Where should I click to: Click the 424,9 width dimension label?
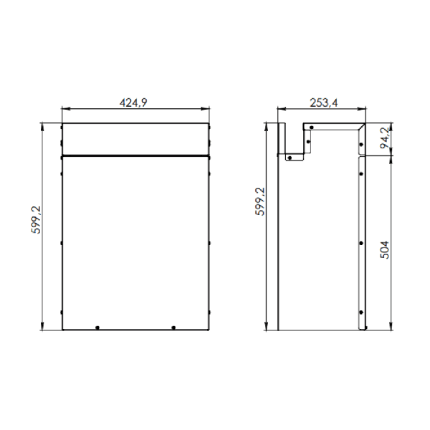click(x=133, y=102)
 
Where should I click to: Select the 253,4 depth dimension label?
click(x=324, y=102)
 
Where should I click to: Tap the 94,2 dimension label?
click(x=385, y=138)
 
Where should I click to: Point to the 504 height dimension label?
click(x=385, y=249)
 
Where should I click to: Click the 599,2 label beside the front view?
click(x=36, y=220)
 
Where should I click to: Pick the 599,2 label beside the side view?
click(x=260, y=201)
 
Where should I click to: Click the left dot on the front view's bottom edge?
click(x=97, y=328)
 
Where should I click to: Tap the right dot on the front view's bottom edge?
click(x=173, y=328)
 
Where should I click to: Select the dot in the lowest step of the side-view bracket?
click(x=290, y=158)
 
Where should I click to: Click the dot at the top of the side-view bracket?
click(x=312, y=128)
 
